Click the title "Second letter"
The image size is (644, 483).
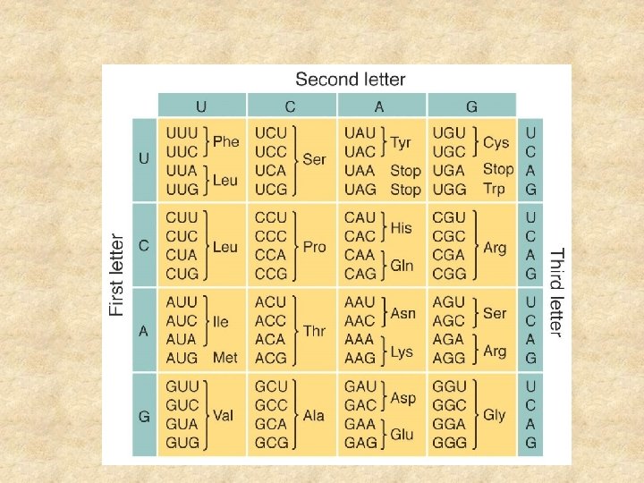click(350, 80)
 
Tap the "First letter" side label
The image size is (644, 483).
click(117, 275)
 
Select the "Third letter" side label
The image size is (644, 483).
click(555, 292)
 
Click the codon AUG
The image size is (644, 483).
click(182, 358)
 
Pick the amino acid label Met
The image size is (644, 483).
click(225, 358)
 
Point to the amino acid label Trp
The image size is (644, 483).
click(494, 189)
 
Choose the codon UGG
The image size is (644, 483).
click(448, 189)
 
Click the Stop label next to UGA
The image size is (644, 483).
click(498, 169)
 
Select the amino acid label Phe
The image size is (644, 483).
click(226, 141)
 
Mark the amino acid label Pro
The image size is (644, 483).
click(314, 246)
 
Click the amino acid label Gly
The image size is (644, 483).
click(495, 415)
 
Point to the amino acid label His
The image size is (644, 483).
click(402, 227)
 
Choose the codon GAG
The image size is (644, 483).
click(360, 443)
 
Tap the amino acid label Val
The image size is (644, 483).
click(223, 415)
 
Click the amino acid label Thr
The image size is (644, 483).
click(314, 331)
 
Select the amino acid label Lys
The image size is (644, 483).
click(402, 351)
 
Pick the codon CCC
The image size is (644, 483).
click(271, 237)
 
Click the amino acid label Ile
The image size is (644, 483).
click(220, 321)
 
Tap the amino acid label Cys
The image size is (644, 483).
click(496, 141)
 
